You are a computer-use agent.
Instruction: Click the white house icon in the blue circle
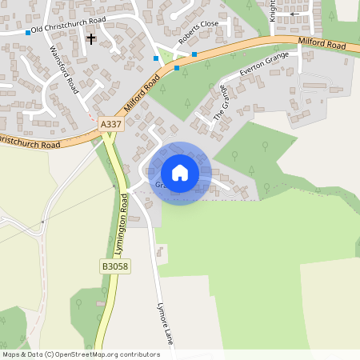[179, 172]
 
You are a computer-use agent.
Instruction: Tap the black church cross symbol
[90, 38]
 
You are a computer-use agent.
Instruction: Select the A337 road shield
[111, 126]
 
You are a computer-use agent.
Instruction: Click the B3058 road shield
[114, 266]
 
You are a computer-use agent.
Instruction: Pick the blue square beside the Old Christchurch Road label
[28, 33]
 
